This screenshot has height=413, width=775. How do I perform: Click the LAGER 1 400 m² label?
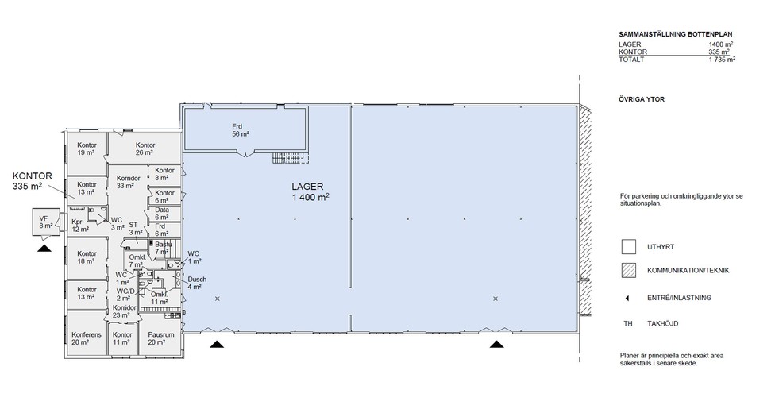(310, 192)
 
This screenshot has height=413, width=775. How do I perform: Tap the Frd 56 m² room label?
(241, 130)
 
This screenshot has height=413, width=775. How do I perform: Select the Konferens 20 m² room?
(87, 333)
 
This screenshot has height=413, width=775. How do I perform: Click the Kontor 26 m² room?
(145, 148)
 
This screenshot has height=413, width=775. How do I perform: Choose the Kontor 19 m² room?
(87, 153)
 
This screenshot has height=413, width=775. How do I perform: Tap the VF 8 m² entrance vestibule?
(46, 222)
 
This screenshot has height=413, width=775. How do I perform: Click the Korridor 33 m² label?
(128, 182)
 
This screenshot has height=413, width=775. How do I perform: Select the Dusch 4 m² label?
(197, 283)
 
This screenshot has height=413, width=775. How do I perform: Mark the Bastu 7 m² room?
(163, 248)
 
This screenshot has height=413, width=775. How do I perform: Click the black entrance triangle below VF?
(44, 248)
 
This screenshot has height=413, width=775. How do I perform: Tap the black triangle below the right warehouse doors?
(497, 344)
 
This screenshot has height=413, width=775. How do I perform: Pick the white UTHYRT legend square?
(629, 247)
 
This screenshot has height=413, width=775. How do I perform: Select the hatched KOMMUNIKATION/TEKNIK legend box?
(629, 271)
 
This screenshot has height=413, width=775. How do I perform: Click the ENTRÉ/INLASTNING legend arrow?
(627, 299)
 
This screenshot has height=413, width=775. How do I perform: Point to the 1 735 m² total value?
(721, 60)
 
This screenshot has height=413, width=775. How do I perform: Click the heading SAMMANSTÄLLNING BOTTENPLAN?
(676, 35)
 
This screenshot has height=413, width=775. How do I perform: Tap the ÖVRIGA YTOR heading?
(642, 99)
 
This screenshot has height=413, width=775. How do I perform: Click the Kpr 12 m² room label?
(80, 226)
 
